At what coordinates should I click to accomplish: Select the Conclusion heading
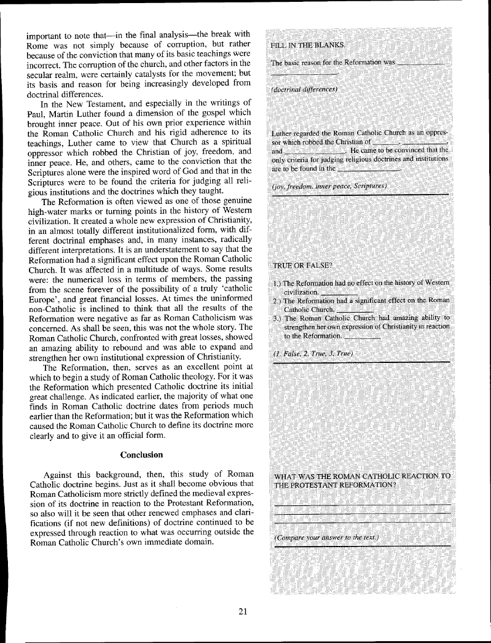coord(141,455)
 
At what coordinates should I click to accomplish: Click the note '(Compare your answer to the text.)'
coord(326,539)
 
